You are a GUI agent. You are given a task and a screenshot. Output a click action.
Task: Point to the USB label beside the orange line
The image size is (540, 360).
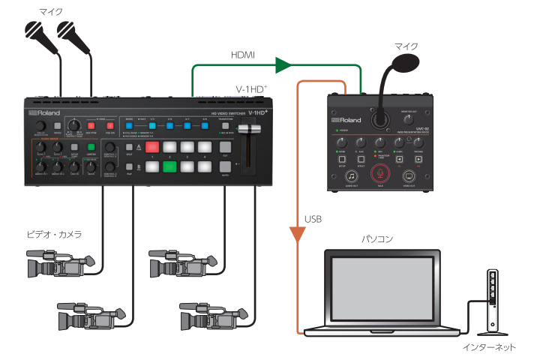click(x=313, y=220)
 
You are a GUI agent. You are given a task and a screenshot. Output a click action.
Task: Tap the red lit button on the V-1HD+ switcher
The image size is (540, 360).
click(x=154, y=148)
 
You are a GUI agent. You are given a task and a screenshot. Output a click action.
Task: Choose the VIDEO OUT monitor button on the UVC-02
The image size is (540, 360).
click(x=409, y=175)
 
